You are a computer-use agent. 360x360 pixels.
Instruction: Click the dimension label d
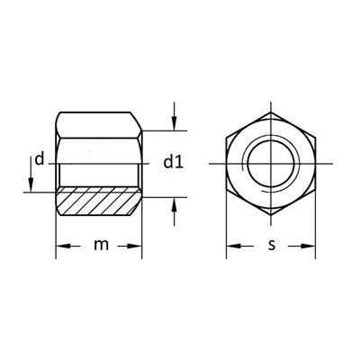click(x=39, y=160)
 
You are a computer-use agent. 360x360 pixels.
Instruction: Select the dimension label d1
click(x=174, y=162)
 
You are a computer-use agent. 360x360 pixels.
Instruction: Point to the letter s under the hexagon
click(x=270, y=246)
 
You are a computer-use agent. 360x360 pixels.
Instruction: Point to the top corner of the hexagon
click(x=270, y=112)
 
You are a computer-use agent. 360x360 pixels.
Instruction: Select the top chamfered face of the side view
click(x=99, y=122)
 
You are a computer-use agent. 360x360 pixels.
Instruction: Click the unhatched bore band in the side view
click(x=99, y=174)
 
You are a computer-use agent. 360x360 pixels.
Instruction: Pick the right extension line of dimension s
click(x=316, y=225)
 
